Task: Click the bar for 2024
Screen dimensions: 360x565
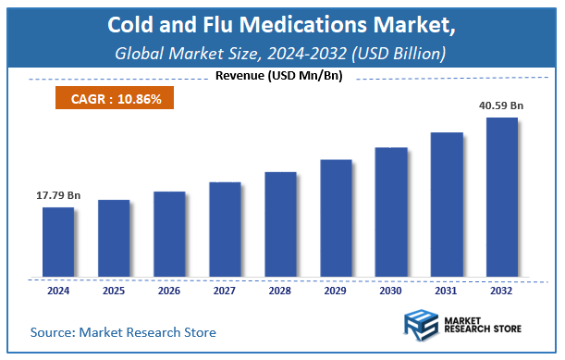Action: (x=58, y=242)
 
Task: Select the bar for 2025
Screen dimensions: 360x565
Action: (x=114, y=238)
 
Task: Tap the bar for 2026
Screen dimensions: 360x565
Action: (x=169, y=234)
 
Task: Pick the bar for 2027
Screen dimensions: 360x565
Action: (x=225, y=230)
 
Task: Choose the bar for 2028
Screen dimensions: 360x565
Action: (x=280, y=224)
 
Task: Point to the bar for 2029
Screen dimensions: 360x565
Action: (x=336, y=218)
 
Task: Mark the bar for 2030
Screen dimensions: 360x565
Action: (x=391, y=212)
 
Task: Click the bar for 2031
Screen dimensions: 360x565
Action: (x=447, y=205)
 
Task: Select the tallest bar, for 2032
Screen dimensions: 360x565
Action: (x=502, y=197)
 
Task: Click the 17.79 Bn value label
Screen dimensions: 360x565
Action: (x=58, y=195)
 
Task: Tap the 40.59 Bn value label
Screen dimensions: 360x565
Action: (x=501, y=106)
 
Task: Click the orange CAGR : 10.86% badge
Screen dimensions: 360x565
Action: (x=109, y=97)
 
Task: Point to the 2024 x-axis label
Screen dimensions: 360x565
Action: (x=58, y=292)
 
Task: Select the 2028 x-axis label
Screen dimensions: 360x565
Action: (x=280, y=292)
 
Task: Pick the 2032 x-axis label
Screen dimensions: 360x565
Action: (x=502, y=292)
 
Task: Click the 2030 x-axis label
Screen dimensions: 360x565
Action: (x=391, y=292)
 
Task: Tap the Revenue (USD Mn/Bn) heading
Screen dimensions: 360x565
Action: (x=278, y=75)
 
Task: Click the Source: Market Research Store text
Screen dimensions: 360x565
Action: (x=123, y=331)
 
